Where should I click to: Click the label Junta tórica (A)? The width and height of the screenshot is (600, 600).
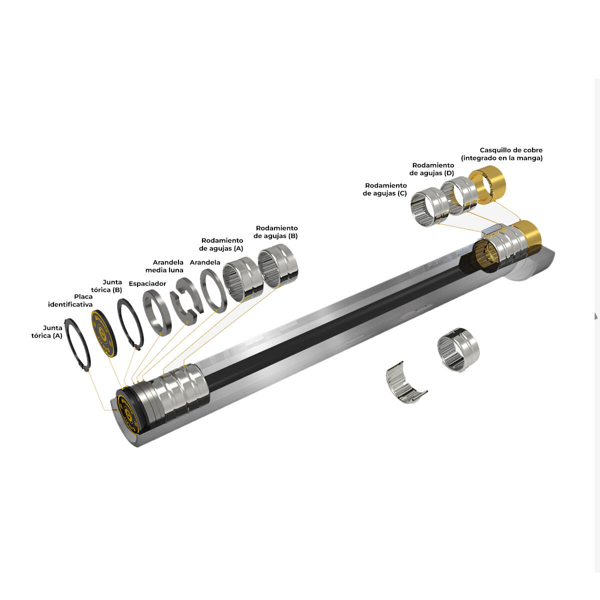pos(46,331)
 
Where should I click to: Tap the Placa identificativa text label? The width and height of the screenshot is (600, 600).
pos(70,300)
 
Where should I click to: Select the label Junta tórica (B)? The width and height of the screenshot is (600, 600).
pos(106,286)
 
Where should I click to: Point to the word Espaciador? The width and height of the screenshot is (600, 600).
pos(147,283)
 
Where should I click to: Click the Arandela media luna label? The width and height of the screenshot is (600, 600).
pos(164,266)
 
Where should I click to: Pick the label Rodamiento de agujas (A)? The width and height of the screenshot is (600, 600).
pos(221,244)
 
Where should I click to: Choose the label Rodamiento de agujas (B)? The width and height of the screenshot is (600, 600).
pos(275,232)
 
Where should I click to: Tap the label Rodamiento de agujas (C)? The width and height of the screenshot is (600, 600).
pos(385,189)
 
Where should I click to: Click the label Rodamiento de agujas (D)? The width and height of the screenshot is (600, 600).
pos(432,169)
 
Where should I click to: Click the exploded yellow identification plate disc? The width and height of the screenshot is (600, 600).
pos(104,333)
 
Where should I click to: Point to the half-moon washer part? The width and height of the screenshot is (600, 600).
pos(186,301)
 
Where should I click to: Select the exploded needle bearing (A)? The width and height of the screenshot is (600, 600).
pos(242,279)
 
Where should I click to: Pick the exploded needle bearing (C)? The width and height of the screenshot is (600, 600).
pos(430,206)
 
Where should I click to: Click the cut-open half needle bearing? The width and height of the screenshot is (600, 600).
pos(405,382)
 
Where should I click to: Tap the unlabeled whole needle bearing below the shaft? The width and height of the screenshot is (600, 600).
pos(458,349)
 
